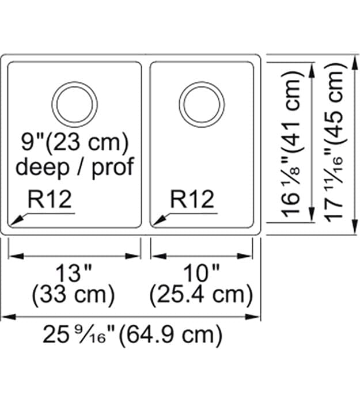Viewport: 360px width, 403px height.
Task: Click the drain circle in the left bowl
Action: pos(75,104)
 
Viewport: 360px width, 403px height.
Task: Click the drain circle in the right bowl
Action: pos(201,104)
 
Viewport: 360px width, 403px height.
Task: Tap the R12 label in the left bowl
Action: pos(50,199)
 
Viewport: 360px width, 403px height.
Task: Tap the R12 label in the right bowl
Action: pos(192,199)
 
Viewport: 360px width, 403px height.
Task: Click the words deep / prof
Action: pos(74,167)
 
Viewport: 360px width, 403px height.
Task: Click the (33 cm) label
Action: pos(74,295)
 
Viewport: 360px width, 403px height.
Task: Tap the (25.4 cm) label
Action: pos(201,295)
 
